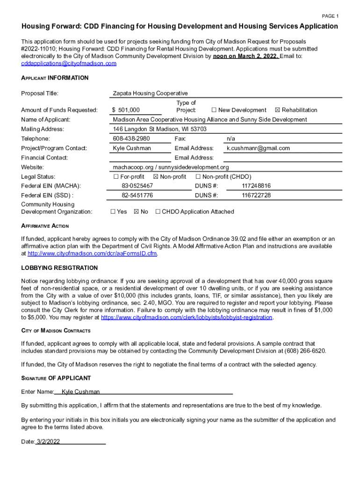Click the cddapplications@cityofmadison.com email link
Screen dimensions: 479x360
pos(69,64)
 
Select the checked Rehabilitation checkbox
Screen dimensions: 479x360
pos(278,110)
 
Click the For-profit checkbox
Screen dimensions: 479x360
pos(115,176)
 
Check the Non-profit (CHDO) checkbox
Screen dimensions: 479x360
pos(198,176)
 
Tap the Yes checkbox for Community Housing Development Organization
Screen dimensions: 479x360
pos(113,211)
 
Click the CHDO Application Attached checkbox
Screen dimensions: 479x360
pos(158,211)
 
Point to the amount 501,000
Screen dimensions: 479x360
pos(129,110)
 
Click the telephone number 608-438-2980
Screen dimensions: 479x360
pos(131,138)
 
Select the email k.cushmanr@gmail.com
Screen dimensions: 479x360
pos(258,148)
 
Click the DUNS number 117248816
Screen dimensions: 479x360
pos(256,186)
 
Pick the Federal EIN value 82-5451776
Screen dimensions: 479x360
pos(137,195)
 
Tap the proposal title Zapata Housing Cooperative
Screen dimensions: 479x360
pos(150,93)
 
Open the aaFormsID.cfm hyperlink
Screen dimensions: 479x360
pos(92,254)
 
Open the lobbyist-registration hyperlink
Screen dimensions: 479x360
pos(187,317)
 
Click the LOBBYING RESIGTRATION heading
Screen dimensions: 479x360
pos(59,268)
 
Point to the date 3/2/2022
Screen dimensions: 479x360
pos(48,442)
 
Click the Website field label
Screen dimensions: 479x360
pos(32,167)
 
